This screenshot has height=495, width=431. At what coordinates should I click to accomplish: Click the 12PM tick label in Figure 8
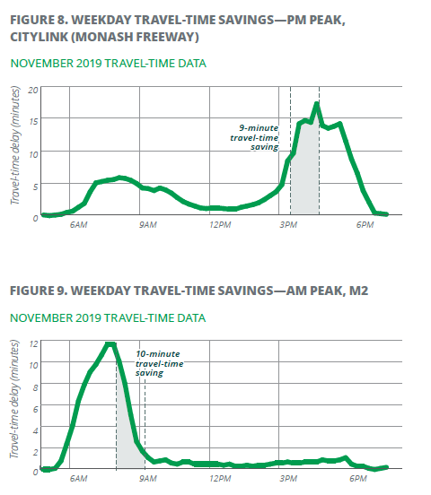(x=220, y=225)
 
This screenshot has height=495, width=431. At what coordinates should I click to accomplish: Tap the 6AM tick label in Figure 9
(x=78, y=479)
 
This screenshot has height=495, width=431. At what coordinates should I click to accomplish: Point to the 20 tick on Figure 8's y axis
(x=33, y=90)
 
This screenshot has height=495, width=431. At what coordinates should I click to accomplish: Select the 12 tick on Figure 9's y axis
(x=33, y=343)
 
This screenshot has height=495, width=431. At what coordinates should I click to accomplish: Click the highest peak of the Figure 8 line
(x=316, y=103)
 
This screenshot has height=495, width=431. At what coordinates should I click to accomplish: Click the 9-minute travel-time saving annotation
(x=254, y=137)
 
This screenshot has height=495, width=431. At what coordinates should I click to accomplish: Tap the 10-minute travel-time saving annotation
(x=159, y=363)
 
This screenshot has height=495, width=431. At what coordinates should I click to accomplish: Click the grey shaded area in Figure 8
(x=305, y=177)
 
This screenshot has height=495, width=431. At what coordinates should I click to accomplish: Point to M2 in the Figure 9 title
(x=358, y=291)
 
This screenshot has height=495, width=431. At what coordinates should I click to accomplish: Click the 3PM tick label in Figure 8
(x=288, y=225)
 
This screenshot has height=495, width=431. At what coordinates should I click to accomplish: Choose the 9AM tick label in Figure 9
(x=148, y=479)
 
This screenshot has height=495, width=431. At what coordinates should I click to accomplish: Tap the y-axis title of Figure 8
(x=15, y=145)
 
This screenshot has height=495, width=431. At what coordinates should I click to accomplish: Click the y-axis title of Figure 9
(x=14, y=399)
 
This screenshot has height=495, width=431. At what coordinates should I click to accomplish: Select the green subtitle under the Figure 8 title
(x=108, y=64)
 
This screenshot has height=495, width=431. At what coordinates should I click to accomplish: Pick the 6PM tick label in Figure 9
(x=358, y=479)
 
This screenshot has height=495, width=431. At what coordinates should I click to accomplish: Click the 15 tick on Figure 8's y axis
(x=33, y=122)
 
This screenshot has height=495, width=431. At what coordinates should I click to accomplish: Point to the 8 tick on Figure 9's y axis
(x=35, y=387)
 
